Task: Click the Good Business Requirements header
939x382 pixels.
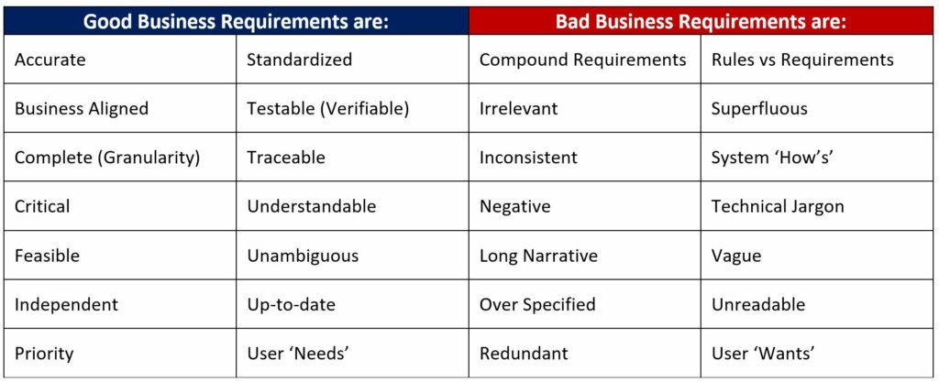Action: pyautogui.click(x=236, y=21)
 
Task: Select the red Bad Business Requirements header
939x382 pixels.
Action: pyautogui.click(x=701, y=21)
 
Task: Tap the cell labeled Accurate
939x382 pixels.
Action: pyautogui.click(x=120, y=60)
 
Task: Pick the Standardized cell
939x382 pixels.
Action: pyautogui.click(x=352, y=60)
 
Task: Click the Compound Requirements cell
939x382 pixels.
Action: pyautogui.click(x=584, y=60)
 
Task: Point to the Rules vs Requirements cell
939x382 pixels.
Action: pyautogui.click(x=817, y=60)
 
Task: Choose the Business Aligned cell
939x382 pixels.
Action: pyautogui.click(x=120, y=108)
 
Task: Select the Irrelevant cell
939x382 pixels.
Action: pyautogui.click(x=584, y=108)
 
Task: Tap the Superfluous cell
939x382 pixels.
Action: pyautogui.click(x=817, y=108)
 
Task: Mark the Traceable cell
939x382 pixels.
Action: pyautogui.click(x=352, y=158)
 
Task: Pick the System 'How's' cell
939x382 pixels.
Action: pyautogui.click(x=817, y=158)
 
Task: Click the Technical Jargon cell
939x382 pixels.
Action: pyautogui.click(x=817, y=206)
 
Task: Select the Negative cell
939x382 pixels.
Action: pyautogui.click(x=584, y=206)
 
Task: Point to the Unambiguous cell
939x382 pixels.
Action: pyautogui.click(x=352, y=256)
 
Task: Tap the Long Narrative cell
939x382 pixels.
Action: pyautogui.click(x=584, y=256)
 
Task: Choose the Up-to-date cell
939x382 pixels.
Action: pyautogui.click(x=352, y=304)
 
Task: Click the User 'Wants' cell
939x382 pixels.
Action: pyautogui.click(x=817, y=353)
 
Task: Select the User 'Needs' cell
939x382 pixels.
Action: pyautogui.click(x=352, y=353)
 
